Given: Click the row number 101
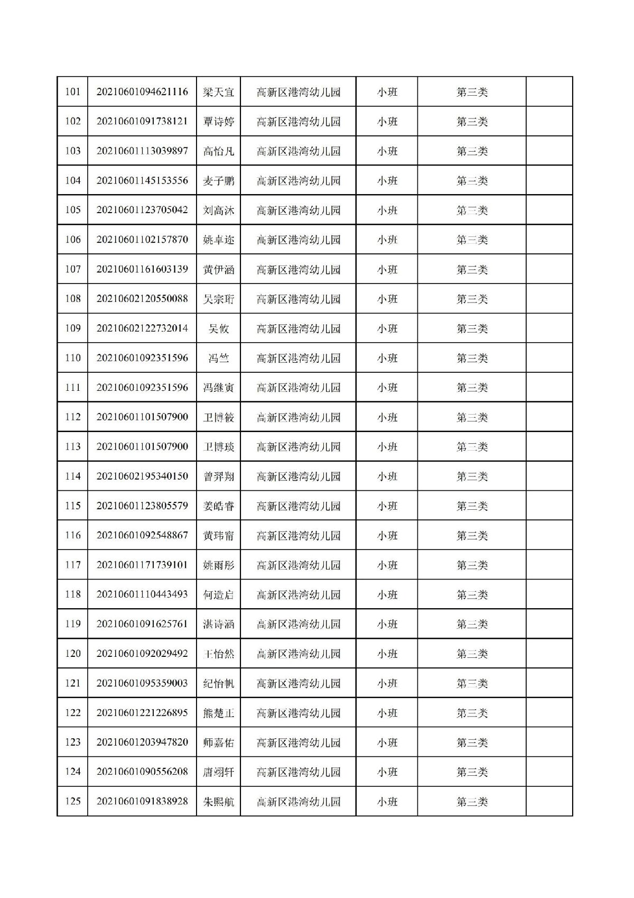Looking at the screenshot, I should pos(72,92).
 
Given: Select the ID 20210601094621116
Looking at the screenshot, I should pos(142,92).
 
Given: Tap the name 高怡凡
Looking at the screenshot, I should pos(218,151).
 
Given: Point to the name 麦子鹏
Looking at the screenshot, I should pos(218,181).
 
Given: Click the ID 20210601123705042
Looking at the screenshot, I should pos(142,210).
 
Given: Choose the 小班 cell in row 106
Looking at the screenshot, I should pos(387,240).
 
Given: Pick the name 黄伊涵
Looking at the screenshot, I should pos(218,269).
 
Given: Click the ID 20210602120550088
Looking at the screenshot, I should pos(142,299).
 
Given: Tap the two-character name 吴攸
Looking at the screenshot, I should pos(218,328).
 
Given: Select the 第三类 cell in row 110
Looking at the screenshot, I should pos(472,358).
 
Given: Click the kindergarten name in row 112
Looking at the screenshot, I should pos(299,417).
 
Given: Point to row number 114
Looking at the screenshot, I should pos(72,477).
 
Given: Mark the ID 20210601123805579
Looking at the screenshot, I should pos(142,506).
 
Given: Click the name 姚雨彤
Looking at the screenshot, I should pos(218,565).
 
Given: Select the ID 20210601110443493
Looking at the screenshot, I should pos(142,594).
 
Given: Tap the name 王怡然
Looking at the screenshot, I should pos(218,654).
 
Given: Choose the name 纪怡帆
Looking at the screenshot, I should pos(218,683).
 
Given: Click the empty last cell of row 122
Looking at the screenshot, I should pos(549,713).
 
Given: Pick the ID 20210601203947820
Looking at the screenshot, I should pos(142,743).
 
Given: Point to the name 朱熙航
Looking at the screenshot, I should pos(218,802).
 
